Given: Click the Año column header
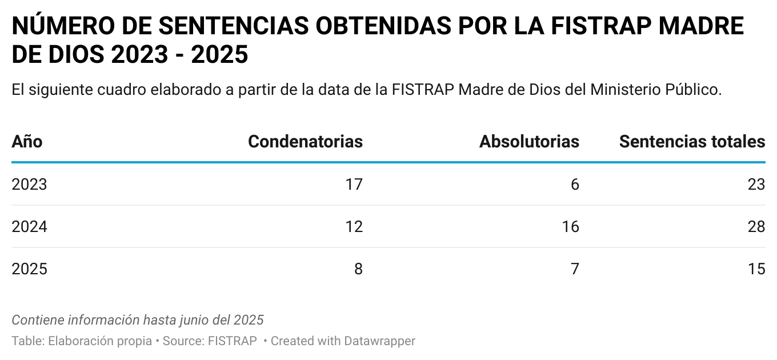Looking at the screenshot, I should pos(27,142).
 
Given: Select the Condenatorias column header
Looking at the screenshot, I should pos(305,142).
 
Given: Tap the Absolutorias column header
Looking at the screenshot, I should pos(529,142).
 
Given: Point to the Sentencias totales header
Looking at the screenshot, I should pos(692,142).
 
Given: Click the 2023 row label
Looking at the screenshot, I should pos(29,185).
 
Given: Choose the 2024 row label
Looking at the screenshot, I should pos(29,227).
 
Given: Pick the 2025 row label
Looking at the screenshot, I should pos(29,269).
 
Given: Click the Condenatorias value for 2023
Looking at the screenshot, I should pos(354,185).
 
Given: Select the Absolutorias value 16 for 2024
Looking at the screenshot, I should pos(570,227).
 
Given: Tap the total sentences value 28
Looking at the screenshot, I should pos(756,227).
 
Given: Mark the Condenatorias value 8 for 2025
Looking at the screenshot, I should pos(358,269).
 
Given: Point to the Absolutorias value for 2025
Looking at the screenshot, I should pos(575,269).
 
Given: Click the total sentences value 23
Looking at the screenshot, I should pos(756,185).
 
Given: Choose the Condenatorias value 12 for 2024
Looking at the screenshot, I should pos(354,227).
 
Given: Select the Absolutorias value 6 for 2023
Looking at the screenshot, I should pos(575,185).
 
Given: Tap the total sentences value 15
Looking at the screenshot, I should pos(756,269).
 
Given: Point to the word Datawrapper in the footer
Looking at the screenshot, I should pos(379,341).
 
